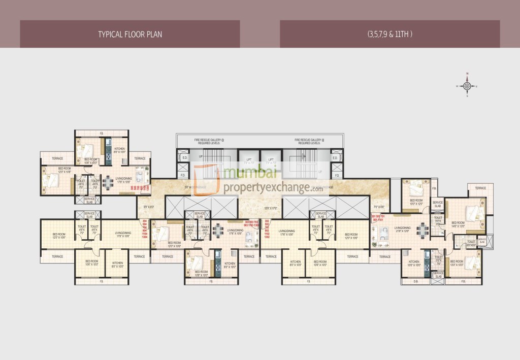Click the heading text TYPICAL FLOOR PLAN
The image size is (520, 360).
pyautogui.click(x=130, y=35)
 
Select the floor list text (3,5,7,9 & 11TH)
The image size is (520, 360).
pyautogui.click(x=389, y=35)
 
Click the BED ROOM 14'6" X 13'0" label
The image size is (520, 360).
pyautogui.click(x=458, y=224)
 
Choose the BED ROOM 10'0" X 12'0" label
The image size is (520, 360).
pyautogui.click(x=415, y=202)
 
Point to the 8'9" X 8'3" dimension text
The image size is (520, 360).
pyautogui.click(x=148, y=207)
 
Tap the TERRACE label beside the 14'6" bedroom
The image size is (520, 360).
pyautogui.click(x=480, y=188)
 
